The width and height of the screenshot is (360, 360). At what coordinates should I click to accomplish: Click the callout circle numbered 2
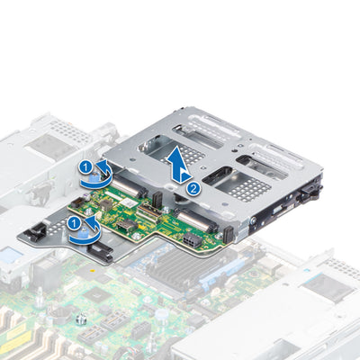(193, 189)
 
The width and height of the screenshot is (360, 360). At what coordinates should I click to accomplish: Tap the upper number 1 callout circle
(84, 167)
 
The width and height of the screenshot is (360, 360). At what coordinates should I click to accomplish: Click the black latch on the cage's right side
(312, 192)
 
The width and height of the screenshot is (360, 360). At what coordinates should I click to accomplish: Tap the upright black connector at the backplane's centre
(156, 198)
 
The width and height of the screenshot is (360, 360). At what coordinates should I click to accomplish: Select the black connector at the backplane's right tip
(227, 235)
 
